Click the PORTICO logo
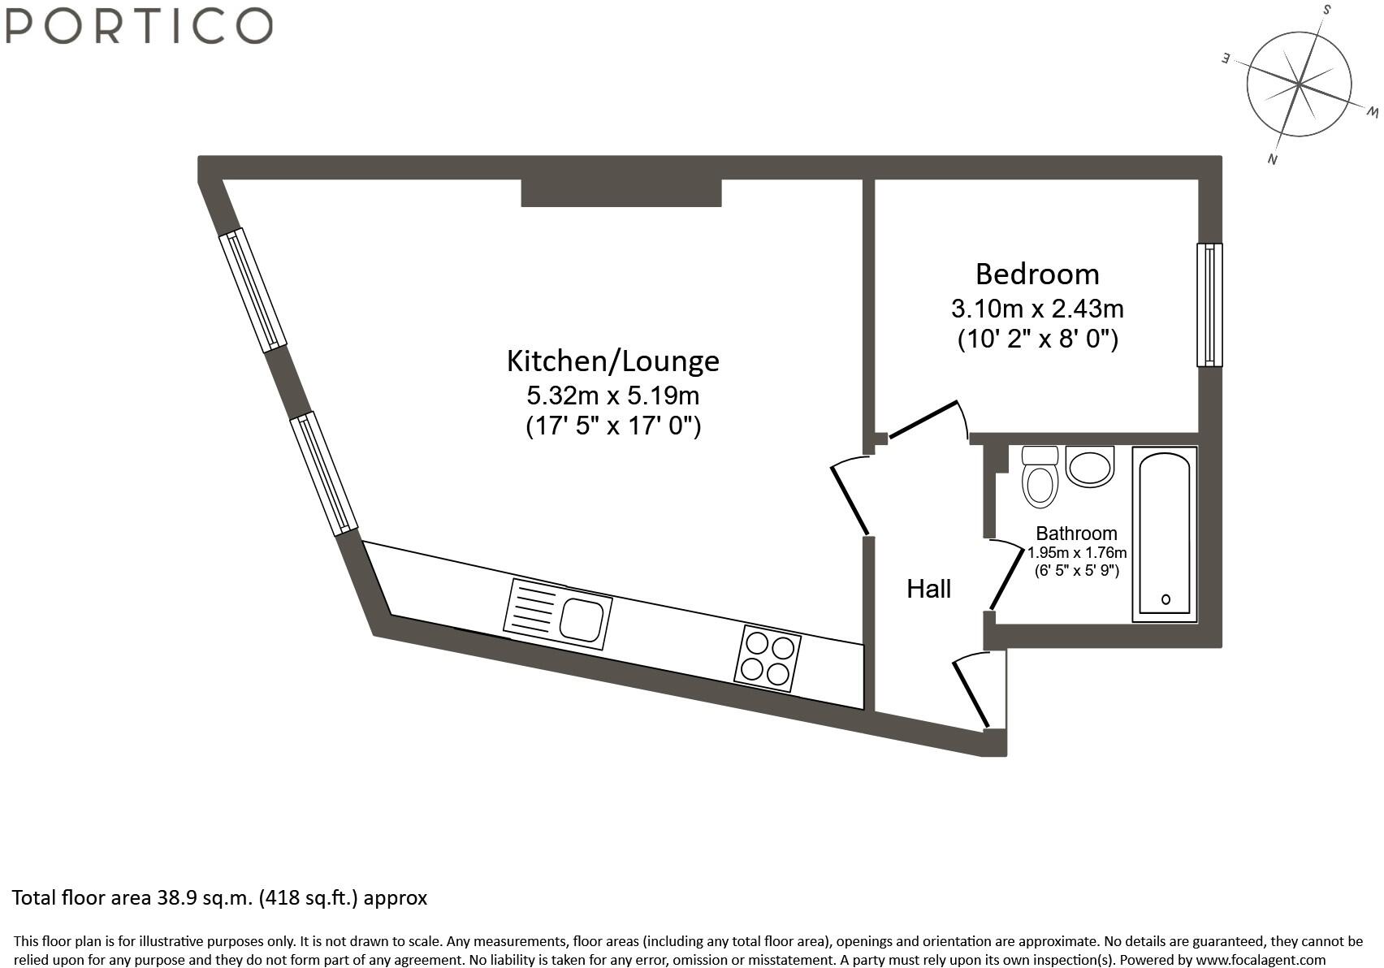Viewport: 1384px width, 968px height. pos(139,25)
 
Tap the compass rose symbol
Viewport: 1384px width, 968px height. pos(1299,84)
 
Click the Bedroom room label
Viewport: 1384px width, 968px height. pos(1037,274)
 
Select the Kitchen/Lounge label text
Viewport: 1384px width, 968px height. pos(612,361)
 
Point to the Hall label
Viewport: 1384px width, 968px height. pos(928,589)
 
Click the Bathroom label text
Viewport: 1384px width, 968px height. pos(1076,534)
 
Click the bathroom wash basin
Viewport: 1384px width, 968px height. pos(1088,467)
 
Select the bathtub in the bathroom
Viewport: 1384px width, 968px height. pos(1165,534)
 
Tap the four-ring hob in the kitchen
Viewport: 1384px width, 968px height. pos(768,659)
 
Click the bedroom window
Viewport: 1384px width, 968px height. pos(1209,305)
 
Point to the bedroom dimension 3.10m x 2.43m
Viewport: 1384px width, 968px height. pos(1037,309)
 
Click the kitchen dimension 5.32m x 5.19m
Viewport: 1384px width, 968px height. pos(612,396)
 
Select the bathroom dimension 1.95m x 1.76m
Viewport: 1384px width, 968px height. pos(1077,553)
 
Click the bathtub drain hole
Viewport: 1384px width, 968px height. pos(1166,599)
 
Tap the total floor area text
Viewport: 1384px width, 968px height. pos(219,897)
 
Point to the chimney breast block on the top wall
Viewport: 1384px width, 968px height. pos(621,192)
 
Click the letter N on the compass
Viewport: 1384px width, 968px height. pos(1273,159)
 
